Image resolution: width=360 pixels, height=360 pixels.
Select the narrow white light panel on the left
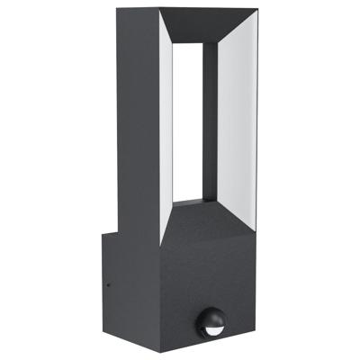pos(166,126)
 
